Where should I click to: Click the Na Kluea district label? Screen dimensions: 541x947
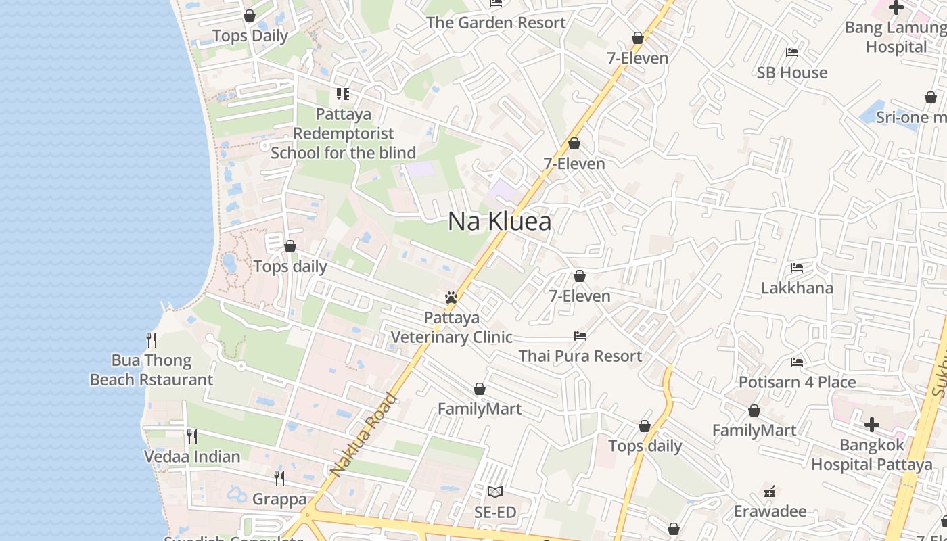499,222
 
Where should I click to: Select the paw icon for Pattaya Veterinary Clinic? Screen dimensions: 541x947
451,298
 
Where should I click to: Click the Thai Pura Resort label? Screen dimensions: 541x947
580,356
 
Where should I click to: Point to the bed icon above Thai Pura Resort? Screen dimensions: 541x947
580,336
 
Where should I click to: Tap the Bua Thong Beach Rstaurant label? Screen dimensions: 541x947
152,370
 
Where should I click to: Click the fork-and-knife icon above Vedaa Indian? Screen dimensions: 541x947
192,437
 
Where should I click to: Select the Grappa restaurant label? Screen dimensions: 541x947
279,500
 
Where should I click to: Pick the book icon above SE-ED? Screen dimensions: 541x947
495,492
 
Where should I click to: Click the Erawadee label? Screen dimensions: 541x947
770,511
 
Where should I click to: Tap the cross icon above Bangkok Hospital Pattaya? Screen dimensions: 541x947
872,425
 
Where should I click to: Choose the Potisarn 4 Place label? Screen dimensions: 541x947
797,382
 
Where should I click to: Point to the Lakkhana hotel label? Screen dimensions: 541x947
797,288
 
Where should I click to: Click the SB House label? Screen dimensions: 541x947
791,72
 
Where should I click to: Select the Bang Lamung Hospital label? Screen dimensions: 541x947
896,37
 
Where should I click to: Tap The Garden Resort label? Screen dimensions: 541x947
496,22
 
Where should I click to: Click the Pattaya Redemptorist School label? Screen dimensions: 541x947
343,133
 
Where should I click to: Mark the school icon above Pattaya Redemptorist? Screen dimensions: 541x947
343,94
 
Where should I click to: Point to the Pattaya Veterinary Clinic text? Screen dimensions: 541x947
451,327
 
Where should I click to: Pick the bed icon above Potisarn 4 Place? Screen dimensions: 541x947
797,362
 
